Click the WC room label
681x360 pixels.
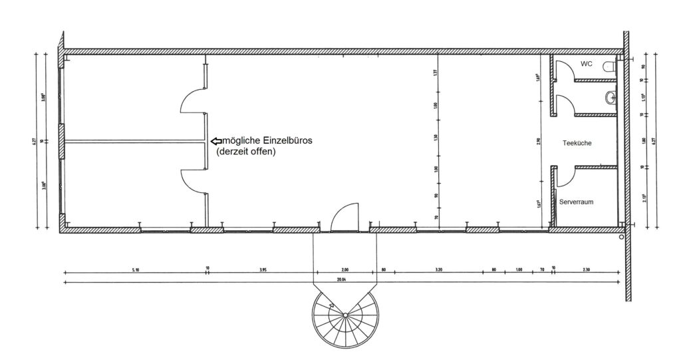pos(586,64)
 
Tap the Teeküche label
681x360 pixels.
pos(577,143)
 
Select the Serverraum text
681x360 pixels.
pos(576,202)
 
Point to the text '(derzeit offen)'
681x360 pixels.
pos(246,152)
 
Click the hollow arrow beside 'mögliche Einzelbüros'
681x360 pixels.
pos(217,141)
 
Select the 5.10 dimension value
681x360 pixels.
pos(136,270)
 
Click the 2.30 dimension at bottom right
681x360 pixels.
pos(586,270)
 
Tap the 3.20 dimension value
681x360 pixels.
pos(438,270)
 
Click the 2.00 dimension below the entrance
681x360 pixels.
pos(344,270)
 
